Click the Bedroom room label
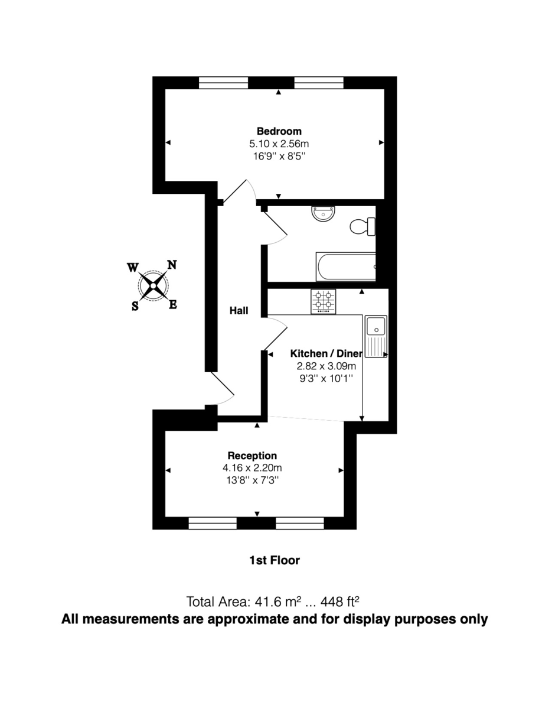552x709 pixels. (279, 131)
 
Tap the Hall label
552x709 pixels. (239, 310)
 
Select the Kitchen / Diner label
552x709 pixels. (325, 353)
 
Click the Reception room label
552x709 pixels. (252, 456)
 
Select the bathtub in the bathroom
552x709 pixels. (346, 267)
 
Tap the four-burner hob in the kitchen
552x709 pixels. (324, 301)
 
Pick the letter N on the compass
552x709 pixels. (172, 265)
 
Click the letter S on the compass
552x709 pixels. (135, 306)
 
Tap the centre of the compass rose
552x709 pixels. (153, 287)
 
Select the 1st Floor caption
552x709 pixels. (275, 560)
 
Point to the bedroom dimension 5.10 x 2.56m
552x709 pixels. (279, 144)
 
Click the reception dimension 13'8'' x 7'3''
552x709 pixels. (252, 480)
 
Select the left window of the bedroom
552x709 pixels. (223, 83)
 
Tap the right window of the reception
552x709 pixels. (300, 523)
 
